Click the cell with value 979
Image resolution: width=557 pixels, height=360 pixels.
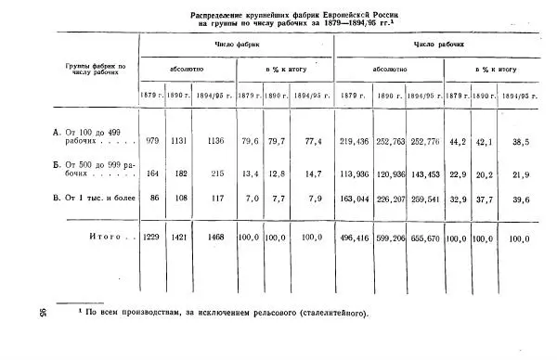click(150, 141)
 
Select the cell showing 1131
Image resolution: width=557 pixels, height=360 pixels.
click(179, 141)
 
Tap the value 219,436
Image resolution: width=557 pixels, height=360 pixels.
click(355, 141)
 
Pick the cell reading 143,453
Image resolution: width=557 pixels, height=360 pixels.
click(425, 174)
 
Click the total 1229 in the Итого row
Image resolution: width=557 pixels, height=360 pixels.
click(150, 238)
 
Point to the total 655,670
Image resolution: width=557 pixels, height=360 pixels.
click(425, 238)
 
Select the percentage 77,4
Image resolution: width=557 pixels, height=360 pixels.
click(312, 141)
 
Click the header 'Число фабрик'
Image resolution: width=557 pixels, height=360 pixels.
click(235, 45)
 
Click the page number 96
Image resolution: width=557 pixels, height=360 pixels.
click(45, 312)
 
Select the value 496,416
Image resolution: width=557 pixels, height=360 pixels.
click(355, 238)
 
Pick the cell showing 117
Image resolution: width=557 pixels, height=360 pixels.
click(216, 198)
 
